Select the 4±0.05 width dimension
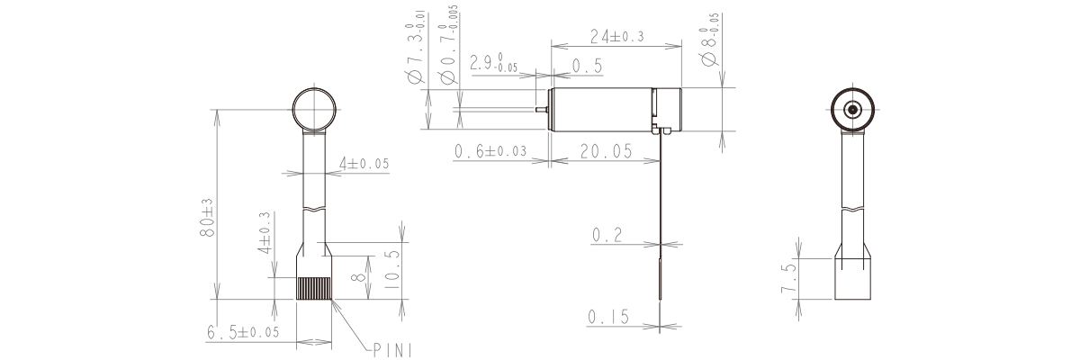point(364,164)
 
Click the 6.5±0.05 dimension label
point(243,332)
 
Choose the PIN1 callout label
point(391,347)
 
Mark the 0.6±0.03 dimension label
point(491,151)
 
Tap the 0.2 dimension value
point(607,235)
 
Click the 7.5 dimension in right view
point(789,279)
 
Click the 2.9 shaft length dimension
point(493,64)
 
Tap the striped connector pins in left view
point(314,288)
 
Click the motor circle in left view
point(314,110)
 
